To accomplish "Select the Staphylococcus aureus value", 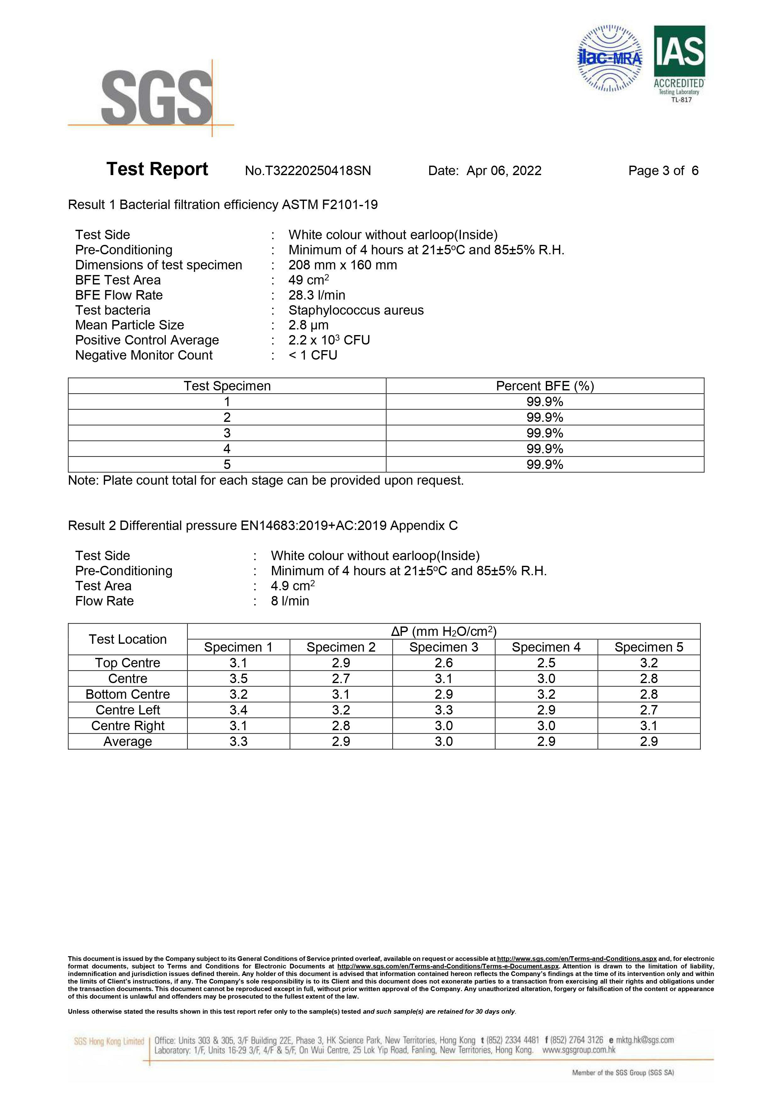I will [356, 310].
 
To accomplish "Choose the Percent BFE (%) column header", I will [545, 386].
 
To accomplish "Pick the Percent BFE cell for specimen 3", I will [545, 433].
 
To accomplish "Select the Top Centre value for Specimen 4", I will [546, 663].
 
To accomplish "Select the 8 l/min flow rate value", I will [290, 601].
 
